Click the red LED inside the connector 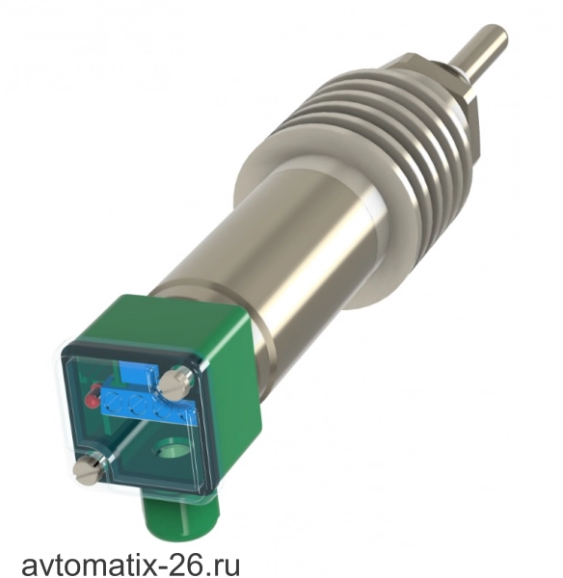click(x=93, y=397)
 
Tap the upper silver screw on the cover click(x=173, y=384)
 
